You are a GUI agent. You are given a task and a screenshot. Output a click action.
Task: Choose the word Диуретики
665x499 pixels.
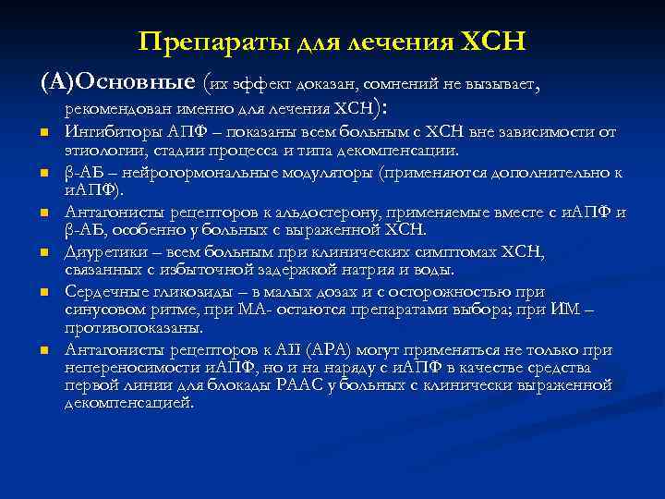(99, 252)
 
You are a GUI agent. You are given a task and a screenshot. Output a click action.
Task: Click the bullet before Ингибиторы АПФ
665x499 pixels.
(43, 133)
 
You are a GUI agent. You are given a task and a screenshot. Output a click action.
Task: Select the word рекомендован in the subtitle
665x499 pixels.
(112, 111)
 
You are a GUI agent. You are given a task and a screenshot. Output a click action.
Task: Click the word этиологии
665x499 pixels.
(96, 150)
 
